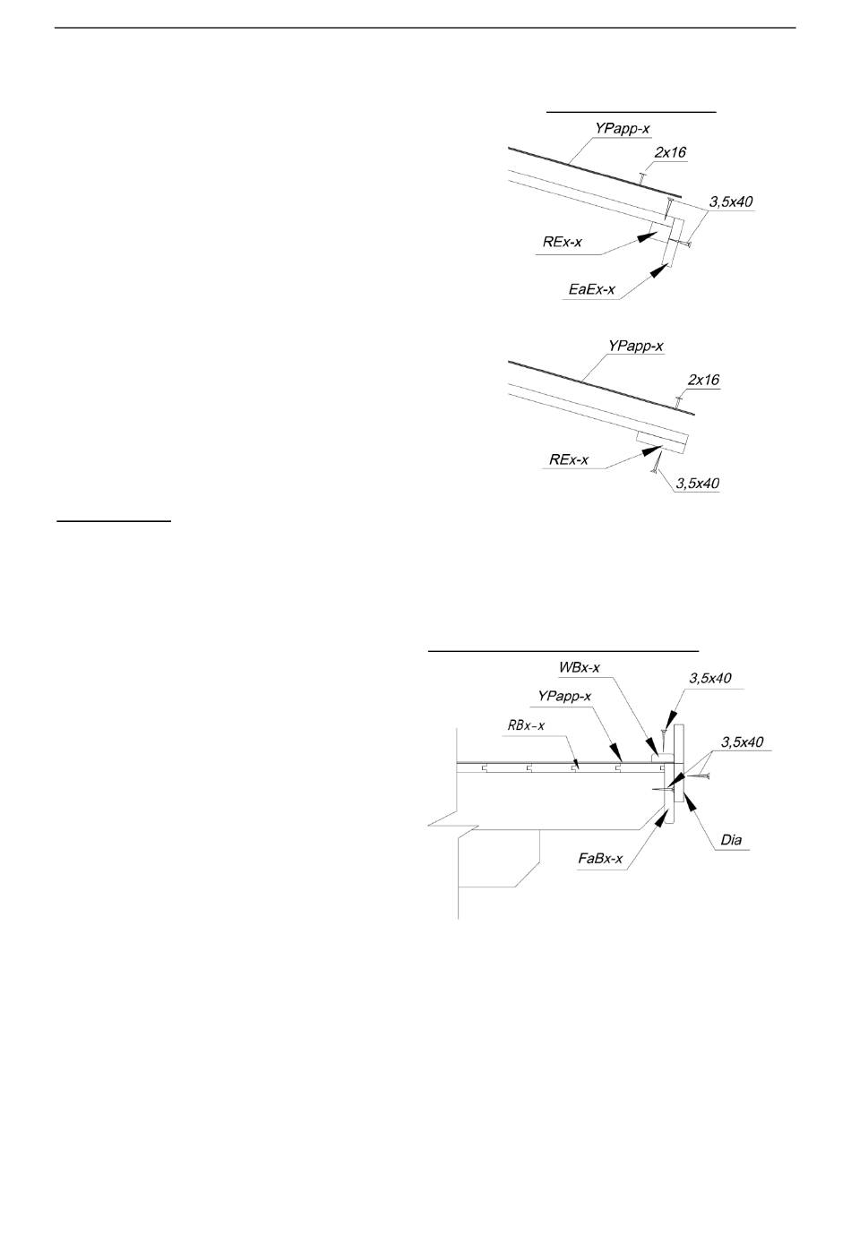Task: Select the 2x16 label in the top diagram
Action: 670,152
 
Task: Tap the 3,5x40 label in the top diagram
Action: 731,202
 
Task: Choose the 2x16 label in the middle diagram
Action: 703,380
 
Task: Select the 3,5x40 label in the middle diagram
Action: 698,484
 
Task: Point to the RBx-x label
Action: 526,725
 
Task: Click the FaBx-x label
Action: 600,861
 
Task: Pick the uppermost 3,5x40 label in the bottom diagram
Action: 709,678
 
